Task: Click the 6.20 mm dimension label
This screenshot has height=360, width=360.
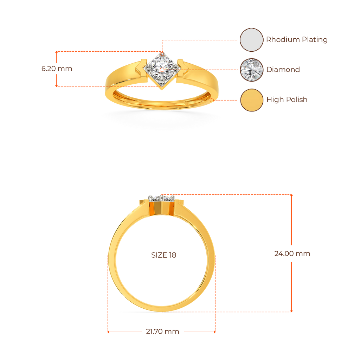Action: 57,69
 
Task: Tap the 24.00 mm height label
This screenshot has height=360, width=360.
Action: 292,253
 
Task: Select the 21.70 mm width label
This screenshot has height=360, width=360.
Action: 162,332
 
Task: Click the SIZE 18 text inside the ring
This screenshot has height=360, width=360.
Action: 163,255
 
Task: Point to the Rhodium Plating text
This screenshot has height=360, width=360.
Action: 296,40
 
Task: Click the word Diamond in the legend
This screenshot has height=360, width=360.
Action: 283,69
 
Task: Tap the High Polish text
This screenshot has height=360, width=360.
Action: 287,100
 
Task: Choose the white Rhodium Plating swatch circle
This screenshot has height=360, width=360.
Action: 251,40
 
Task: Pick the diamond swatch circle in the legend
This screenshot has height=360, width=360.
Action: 251,69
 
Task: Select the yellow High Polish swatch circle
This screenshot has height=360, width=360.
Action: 251,100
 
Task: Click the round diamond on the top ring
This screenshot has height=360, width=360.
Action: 161,69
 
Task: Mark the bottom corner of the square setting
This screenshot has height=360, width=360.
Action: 162,89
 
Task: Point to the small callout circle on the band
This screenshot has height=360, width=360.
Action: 212,100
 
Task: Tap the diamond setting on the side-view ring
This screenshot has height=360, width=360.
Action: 161,199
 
